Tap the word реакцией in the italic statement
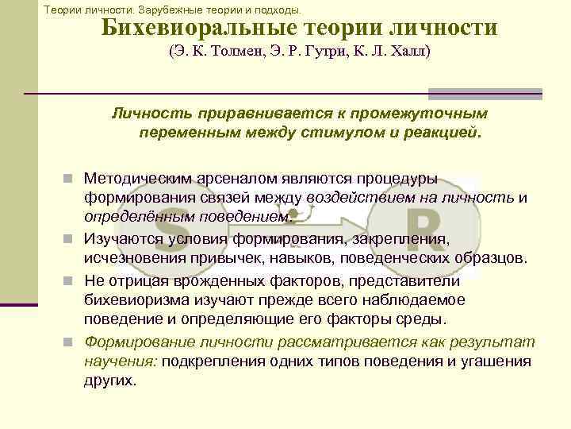point(443,131)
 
